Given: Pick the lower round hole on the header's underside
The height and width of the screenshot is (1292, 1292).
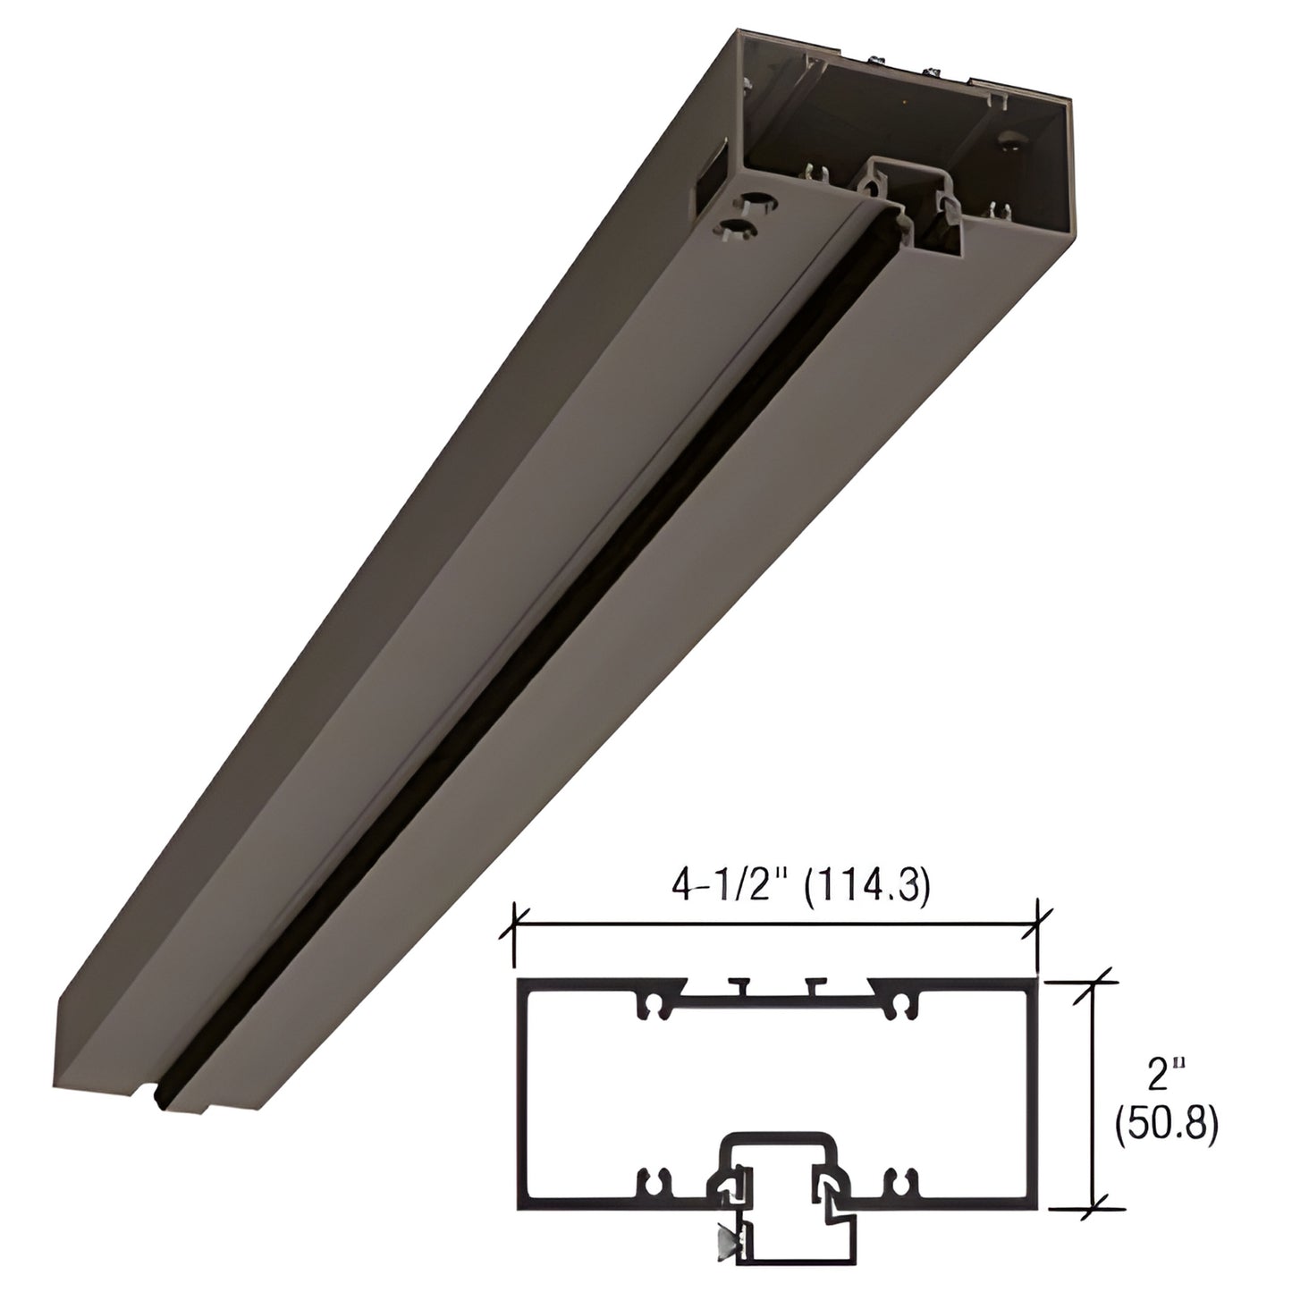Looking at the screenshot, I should pyautogui.click(x=737, y=228).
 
